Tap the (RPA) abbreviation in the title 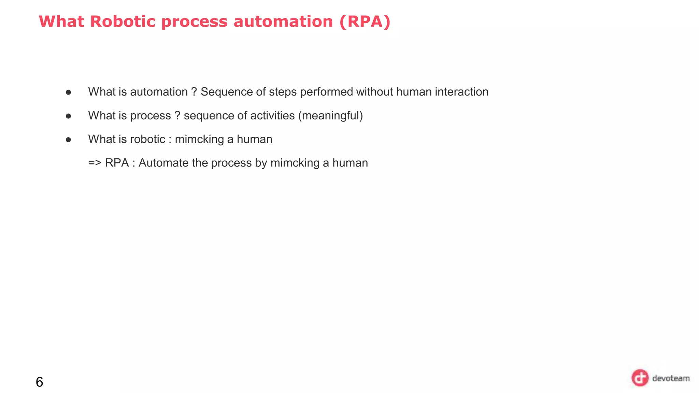click(x=365, y=22)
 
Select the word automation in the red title click(x=283, y=22)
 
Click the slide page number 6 click(x=39, y=382)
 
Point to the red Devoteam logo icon click(x=640, y=378)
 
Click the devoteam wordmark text click(x=671, y=378)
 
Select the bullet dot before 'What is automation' click(x=68, y=92)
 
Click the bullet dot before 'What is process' click(x=68, y=116)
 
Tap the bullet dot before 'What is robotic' click(x=68, y=140)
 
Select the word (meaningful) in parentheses click(x=330, y=116)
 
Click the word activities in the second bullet click(x=272, y=116)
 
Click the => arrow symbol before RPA click(x=95, y=163)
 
